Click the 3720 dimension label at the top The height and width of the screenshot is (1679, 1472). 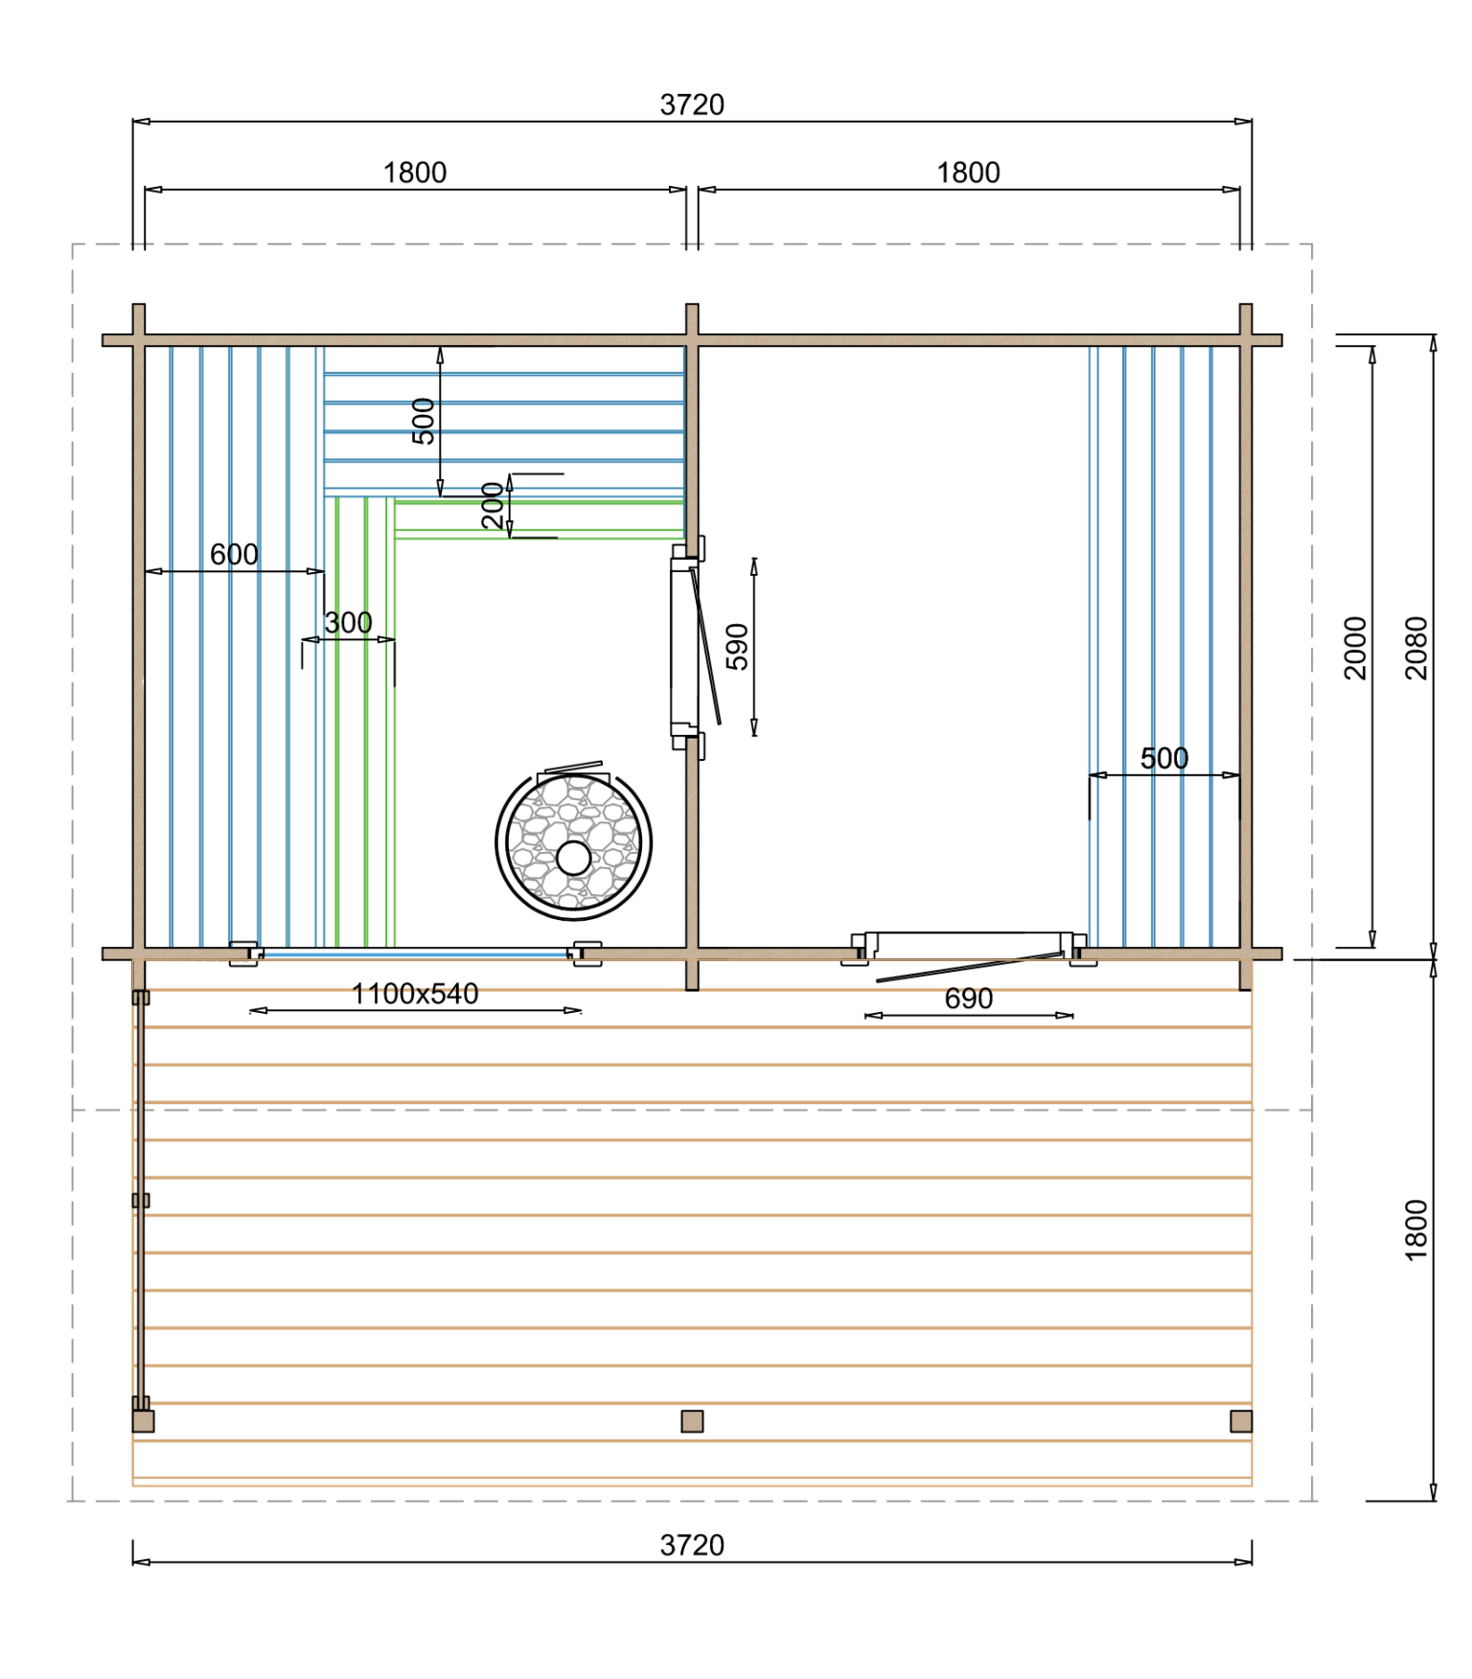(x=692, y=104)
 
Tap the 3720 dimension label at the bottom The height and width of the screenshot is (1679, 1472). (x=692, y=1545)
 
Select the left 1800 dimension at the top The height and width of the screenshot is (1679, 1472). (x=415, y=172)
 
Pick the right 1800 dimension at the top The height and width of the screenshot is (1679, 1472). (x=968, y=172)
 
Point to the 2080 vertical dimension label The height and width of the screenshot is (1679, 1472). (x=1415, y=648)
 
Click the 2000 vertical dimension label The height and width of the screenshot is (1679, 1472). (x=1355, y=648)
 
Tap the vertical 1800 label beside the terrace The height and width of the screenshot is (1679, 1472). (x=1415, y=1230)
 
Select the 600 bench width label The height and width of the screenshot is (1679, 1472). (x=234, y=554)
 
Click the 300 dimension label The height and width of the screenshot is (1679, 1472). (x=348, y=622)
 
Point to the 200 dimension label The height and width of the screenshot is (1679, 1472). (x=493, y=506)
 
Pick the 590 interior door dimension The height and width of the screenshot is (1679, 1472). (x=737, y=647)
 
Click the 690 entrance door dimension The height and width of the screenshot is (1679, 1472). (x=968, y=999)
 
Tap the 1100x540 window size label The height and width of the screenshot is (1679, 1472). (x=415, y=994)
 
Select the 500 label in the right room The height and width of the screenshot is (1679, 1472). (x=1164, y=758)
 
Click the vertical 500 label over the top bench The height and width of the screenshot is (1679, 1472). (x=423, y=422)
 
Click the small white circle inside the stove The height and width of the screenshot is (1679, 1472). (x=573, y=858)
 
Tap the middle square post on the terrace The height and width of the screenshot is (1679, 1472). (x=692, y=1421)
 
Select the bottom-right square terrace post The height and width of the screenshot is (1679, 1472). (x=1241, y=1421)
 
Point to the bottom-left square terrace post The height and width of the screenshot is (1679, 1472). (x=143, y=1421)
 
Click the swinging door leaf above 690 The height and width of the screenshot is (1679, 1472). (x=969, y=967)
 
